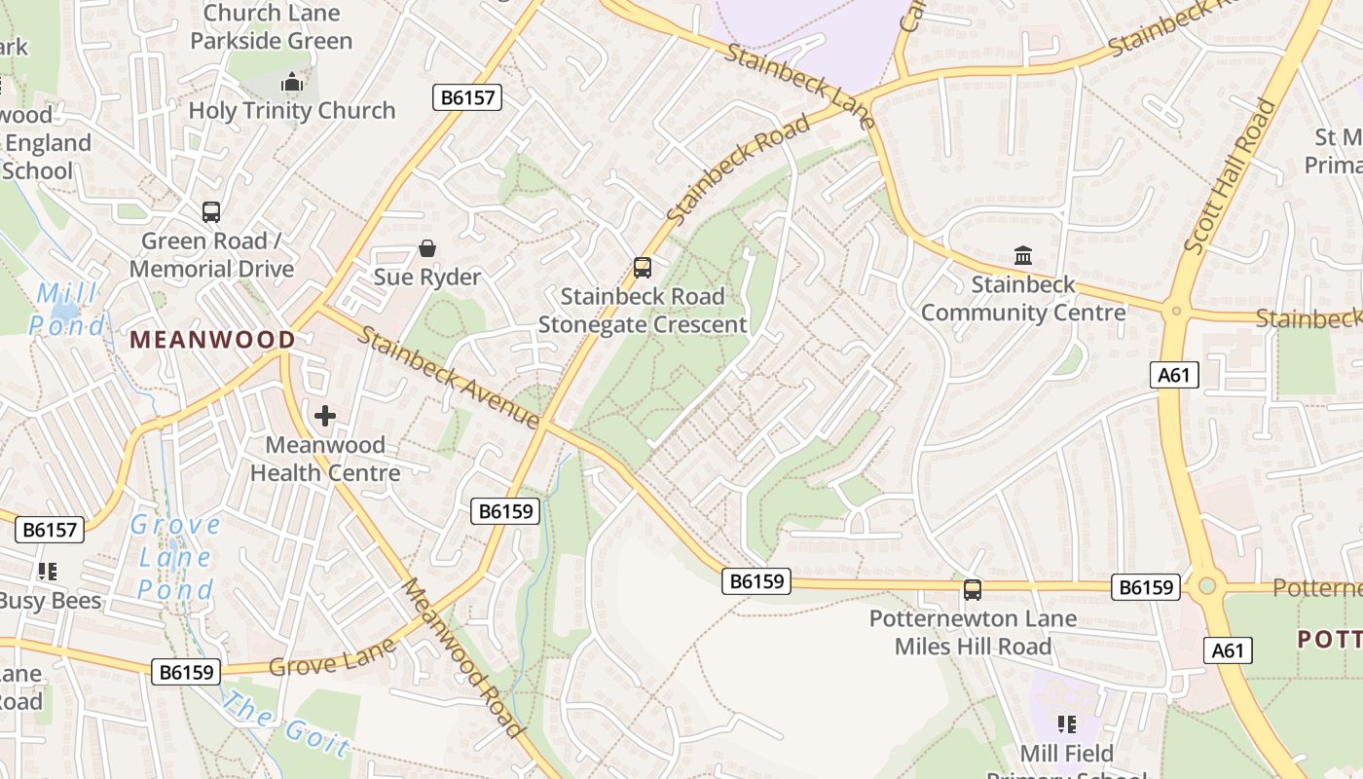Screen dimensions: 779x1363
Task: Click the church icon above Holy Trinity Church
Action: pos(291,82)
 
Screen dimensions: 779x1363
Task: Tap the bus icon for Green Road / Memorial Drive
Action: pos(210,211)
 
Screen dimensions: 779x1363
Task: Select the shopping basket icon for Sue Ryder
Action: pos(426,248)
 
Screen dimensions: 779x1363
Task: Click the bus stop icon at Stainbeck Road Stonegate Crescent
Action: pos(642,267)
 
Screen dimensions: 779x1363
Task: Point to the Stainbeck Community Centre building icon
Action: pos(1023,256)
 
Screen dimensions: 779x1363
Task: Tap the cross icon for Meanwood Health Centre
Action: pos(324,417)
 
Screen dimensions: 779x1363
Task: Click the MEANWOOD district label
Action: pos(212,340)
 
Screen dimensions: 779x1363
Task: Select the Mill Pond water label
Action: pos(66,310)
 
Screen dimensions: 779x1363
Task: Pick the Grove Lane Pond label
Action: pos(175,558)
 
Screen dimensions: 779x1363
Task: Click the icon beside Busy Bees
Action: pos(47,572)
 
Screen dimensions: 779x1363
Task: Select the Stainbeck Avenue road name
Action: pos(449,378)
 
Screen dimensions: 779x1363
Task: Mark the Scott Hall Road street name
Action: pos(1230,176)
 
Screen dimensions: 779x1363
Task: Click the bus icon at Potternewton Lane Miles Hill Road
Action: pos(972,589)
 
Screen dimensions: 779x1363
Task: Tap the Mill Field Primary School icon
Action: pos(1066,723)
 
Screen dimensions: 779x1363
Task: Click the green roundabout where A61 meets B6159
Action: pos(1207,586)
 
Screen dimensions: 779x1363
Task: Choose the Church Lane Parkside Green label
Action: pos(271,27)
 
